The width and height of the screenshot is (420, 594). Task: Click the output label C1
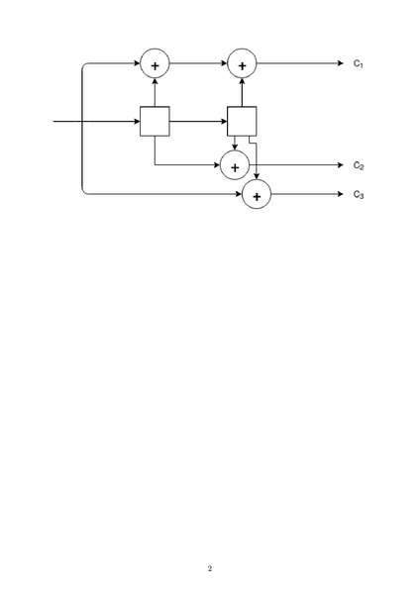click(x=359, y=63)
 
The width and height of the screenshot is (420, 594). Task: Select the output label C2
click(x=359, y=165)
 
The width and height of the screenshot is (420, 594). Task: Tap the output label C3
click(x=359, y=195)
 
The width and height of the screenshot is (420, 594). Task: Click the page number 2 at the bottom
click(x=210, y=568)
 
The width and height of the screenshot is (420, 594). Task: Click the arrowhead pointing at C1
click(x=341, y=63)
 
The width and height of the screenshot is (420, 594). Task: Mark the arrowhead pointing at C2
click(x=341, y=165)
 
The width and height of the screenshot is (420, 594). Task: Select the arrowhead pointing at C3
click(x=341, y=194)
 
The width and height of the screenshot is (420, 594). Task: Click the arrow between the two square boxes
click(x=198, y=121)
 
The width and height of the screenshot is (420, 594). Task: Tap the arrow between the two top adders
click(x=198, y=63)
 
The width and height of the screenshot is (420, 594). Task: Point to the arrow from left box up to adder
click(x=155, y=92)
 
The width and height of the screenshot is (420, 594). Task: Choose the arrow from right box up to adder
click(x=242, y=92)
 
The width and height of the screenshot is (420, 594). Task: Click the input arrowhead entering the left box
click(x=137, y=121)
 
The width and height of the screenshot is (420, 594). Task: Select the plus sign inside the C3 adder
click(x=257, y=197)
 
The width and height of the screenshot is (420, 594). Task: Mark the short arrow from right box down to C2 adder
click(x=235, y=144)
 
